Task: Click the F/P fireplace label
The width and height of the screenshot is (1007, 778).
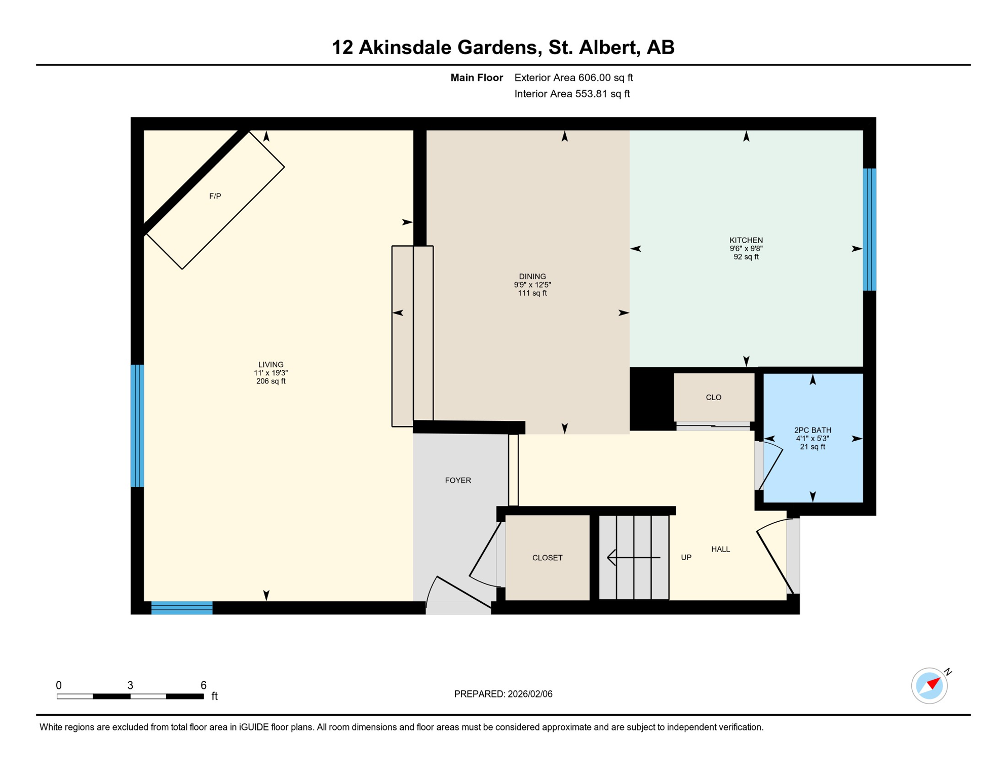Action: point(215,196)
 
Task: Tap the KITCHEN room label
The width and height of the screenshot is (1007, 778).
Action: point(746,240)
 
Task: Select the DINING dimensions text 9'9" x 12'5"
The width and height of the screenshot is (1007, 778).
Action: point(532,285)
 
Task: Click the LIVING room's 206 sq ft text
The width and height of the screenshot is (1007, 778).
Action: point(270,381)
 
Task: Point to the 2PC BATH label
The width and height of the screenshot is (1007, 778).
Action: point(812,430)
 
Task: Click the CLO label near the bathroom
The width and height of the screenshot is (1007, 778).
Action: point(713,397)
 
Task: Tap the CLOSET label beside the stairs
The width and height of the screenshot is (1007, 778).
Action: point(547,558)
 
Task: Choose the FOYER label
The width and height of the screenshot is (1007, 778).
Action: point(457,480)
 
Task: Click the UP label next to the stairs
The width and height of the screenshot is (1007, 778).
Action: point(686,557)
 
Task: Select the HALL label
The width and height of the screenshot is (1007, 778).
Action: point(720,549)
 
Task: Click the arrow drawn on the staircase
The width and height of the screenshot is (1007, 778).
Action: point(633,557)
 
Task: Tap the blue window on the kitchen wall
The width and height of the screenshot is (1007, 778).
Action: point(869,229)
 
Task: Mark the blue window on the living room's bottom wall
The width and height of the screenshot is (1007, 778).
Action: point(182,608)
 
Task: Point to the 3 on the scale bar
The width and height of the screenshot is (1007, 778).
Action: point(130,685)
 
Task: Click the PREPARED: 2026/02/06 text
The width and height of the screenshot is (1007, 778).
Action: point(503,694)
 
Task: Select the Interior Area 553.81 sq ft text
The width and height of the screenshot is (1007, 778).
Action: point(571,94)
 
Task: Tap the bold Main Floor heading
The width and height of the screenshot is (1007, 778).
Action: point(476,77)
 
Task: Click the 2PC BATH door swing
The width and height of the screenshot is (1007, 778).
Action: point(771,466)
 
